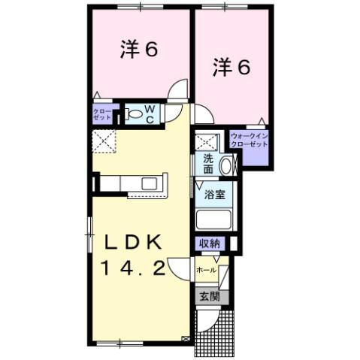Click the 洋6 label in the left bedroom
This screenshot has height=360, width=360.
tap(138, 50)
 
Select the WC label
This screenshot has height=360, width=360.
tap(150, 114)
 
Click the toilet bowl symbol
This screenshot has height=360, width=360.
tap(133, 114)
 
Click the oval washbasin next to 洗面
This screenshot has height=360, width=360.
tap(228, 165)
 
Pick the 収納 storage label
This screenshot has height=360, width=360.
tap(210, 243)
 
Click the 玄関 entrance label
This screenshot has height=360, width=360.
tap(207, 296)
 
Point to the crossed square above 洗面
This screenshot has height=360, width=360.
tap(207, 142)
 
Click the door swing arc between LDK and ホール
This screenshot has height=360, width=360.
tap(178, 268)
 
